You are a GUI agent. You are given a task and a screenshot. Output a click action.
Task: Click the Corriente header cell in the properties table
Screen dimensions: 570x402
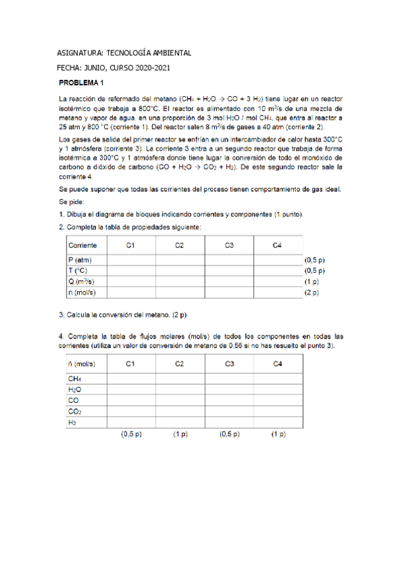pos(83,245)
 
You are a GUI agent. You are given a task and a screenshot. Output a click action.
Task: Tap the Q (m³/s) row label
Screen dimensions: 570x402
pos(81,282)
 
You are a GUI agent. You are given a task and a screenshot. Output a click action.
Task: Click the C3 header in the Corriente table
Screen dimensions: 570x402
pos(229,245)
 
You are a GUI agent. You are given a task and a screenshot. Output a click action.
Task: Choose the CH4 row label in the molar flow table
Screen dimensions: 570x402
pos(74,378)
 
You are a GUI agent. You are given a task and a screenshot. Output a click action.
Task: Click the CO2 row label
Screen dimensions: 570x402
pos(74,411)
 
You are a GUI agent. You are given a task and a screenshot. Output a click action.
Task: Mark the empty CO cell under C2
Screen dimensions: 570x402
pos(180,401)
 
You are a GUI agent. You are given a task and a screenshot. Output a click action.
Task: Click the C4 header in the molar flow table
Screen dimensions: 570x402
pos(278,364)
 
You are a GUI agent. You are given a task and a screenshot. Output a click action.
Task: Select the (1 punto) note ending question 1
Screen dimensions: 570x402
pos(289,214)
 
